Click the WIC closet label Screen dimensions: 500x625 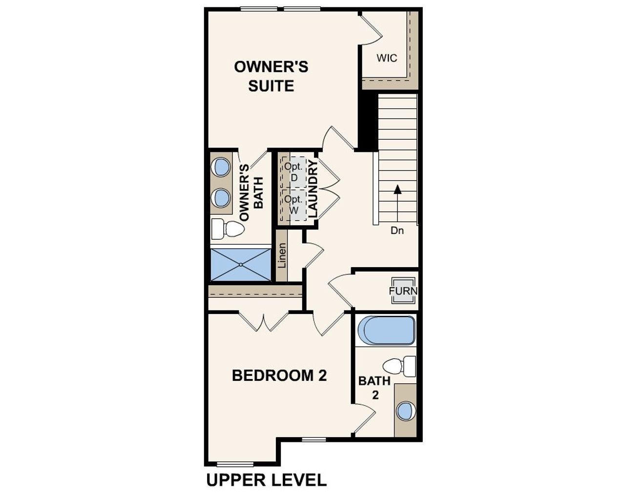(387, 58)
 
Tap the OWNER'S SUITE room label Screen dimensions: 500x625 (271, 76)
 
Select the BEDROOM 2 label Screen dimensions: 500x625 (279, 375)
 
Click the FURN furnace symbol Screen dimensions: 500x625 (403, 291)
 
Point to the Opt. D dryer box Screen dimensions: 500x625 (293, 171)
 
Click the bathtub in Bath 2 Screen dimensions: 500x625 (386, 331)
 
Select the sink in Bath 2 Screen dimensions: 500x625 (405, 411)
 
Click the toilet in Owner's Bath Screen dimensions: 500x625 (228, 229)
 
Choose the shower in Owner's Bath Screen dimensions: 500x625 (241, 265)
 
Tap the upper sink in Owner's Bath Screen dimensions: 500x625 (221, 167)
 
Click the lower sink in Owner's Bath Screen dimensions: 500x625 (221, 198)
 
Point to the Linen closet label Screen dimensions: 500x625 (282, 255)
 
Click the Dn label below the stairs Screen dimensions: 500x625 (397, 230)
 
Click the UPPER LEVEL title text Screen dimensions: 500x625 (267, 480)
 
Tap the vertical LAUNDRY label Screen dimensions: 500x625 (313, 188)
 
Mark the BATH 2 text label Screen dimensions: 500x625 (375, 388)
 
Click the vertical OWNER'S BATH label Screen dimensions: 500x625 (251, 192)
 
